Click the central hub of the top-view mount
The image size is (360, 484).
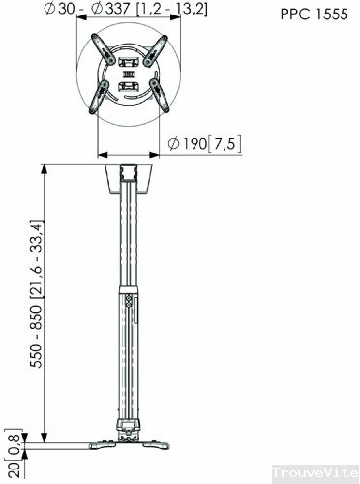tap(128, 75)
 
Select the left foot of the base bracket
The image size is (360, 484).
tap(99, 445)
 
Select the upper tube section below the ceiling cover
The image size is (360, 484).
tap(128, 242)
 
